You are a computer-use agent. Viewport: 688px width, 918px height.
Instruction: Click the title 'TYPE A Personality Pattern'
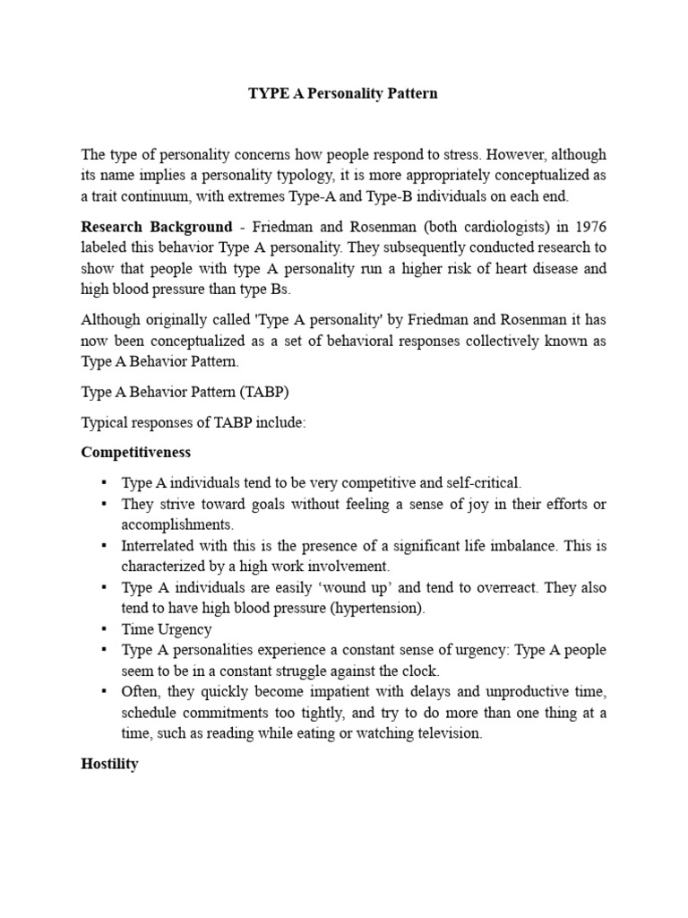(343, 93)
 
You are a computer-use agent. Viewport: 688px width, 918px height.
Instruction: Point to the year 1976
(587, 226)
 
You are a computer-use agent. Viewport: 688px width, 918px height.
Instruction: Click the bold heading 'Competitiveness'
(135, 453)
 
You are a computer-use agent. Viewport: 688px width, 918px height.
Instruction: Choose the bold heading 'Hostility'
(109, 765)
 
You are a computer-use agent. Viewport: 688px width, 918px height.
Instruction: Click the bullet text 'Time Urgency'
(167, 629)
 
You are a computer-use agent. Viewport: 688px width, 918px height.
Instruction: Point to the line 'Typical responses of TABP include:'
(193, 423)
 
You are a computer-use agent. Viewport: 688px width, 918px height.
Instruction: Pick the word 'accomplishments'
(176, 524)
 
